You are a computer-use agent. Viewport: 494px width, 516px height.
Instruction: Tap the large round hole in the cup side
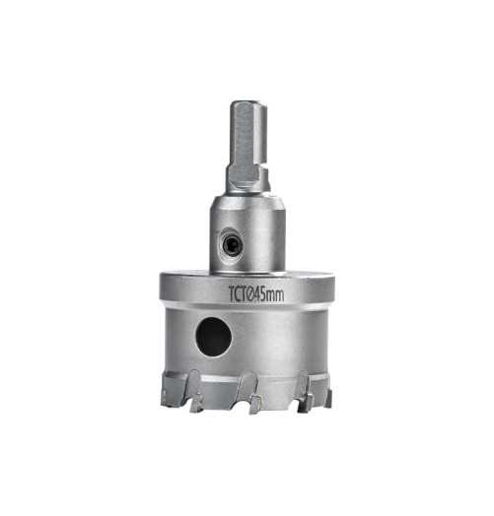pyautogui.click(x=214, y=337)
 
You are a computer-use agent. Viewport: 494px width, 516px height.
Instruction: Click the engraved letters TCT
pyautogui.click(x=238, y=293)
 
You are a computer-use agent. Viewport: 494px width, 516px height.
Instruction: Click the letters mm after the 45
pyautogui.click(x=275, y=295)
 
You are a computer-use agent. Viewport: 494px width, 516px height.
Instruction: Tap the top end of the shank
pyautogui.click(x=248, y=104)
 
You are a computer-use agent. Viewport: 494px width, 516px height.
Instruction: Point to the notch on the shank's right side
pyautogui.click(x=262, y=166)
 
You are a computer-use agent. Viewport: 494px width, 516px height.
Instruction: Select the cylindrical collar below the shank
pyautogui.click(x=247, y=234)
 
